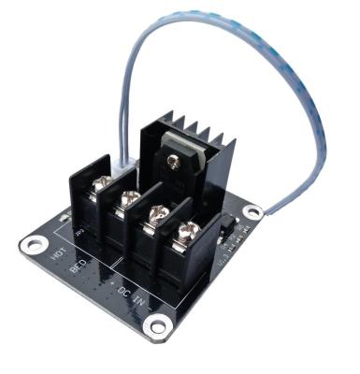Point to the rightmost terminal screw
(x=192, y=227)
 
